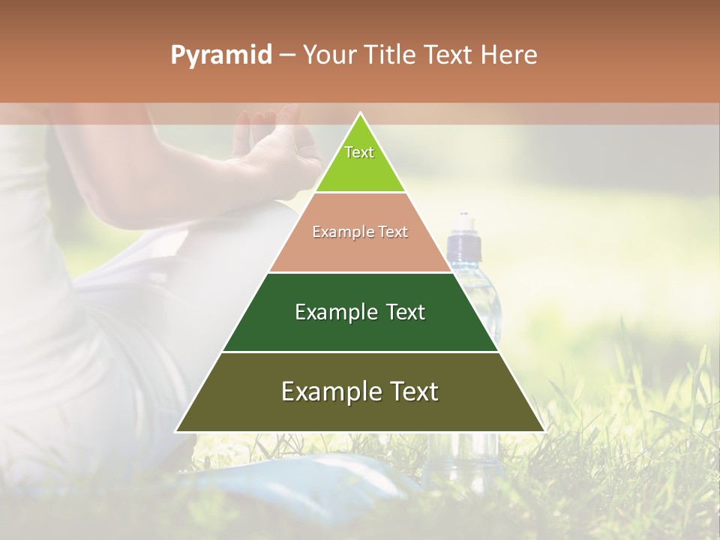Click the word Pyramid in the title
(220, 55)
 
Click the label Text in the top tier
(359, 152)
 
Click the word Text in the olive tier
(409, 391)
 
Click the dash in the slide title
(287, 55)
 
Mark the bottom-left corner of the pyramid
(176, 431)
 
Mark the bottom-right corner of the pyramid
(544, 431)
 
